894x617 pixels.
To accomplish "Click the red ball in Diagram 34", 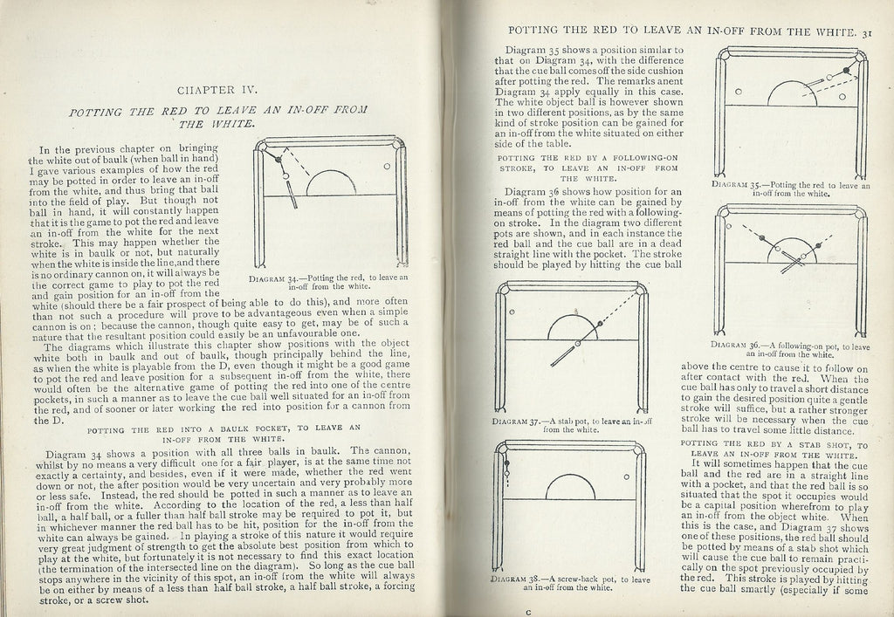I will pos(278,159).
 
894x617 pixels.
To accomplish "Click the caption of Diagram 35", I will pos(788,189).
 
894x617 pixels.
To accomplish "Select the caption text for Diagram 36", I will pos(788,348).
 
